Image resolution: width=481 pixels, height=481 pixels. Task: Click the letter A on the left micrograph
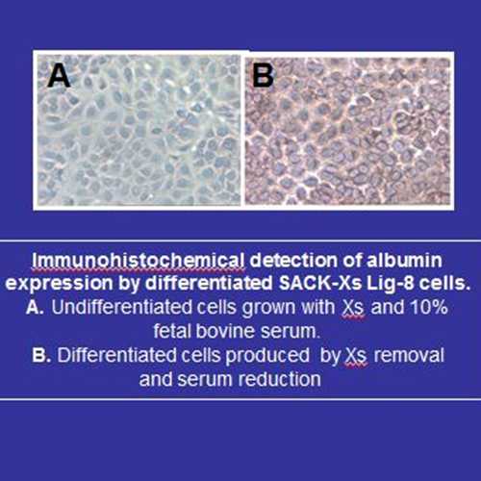coord(59,75)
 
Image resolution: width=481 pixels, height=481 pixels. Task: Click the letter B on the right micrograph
coord(263,75)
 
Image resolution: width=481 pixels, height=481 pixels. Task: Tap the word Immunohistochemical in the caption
coord(139,261)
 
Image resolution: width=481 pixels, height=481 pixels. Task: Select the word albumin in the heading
coord(404,260)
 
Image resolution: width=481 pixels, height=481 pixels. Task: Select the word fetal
coord(172,331)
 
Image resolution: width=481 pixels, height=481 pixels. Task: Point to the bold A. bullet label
coord(35,307)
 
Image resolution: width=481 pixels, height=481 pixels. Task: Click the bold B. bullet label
coord(41,355)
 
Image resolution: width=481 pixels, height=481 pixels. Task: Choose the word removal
coord(409,355)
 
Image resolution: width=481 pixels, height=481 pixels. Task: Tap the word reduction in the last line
coord(279,379)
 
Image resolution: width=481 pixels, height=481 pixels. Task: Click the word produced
coord(267,356)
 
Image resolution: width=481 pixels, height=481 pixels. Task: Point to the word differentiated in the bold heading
coord(209,283)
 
